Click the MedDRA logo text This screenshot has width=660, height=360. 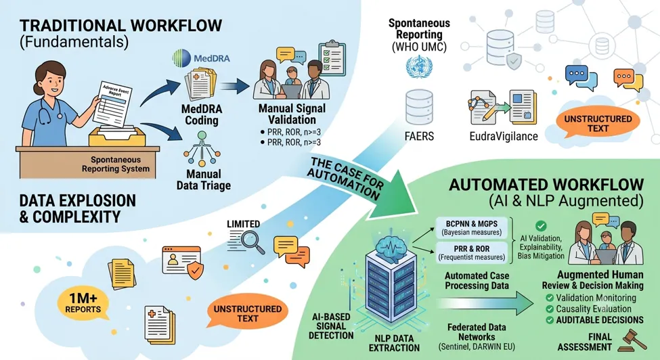(x=211, y=58)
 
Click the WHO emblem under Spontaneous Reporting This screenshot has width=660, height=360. (x=419, y=67)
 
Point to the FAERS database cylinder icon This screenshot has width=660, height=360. (x=419, y=107)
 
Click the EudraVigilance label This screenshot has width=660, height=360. (x=504, y=136)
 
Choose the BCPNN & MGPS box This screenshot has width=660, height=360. (x=471, y=227)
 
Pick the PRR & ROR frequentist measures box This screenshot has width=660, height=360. (x=471, y=252)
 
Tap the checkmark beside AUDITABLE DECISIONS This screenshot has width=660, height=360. (x=549, y=320)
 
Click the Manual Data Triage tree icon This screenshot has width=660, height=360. (x=202, y=149)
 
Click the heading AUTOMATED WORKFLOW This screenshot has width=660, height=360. (x=546, y=185)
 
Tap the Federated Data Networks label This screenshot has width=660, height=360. (x=477, y=332)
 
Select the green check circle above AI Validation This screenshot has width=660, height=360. (x=541, y=226)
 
